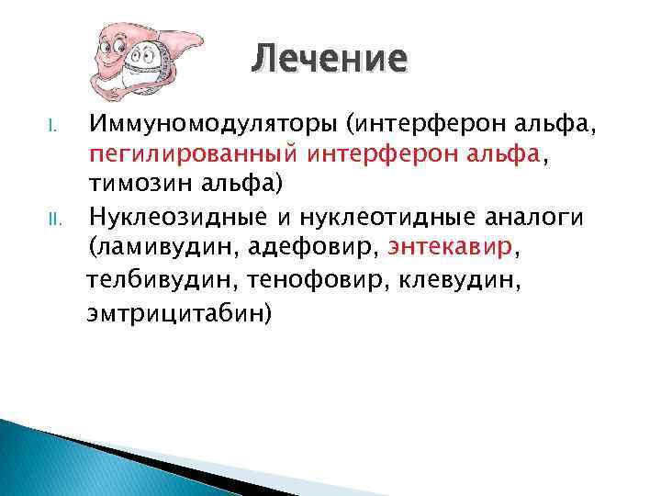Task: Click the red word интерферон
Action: [362, 153]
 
